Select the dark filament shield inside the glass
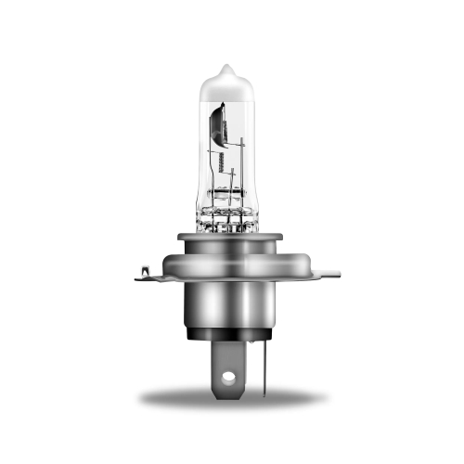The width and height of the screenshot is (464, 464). pyautogui.click(x=217, y=125)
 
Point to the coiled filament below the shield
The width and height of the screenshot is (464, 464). pyautogui.click(x=220, y=162)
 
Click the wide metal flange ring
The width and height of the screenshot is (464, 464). pyautogui.click(x=228, y=264)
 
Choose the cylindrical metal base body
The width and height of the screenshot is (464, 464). pyautogui.click(x=228, y=306)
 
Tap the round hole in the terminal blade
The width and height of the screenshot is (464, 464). pyautogui.click(x=228, y=379)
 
